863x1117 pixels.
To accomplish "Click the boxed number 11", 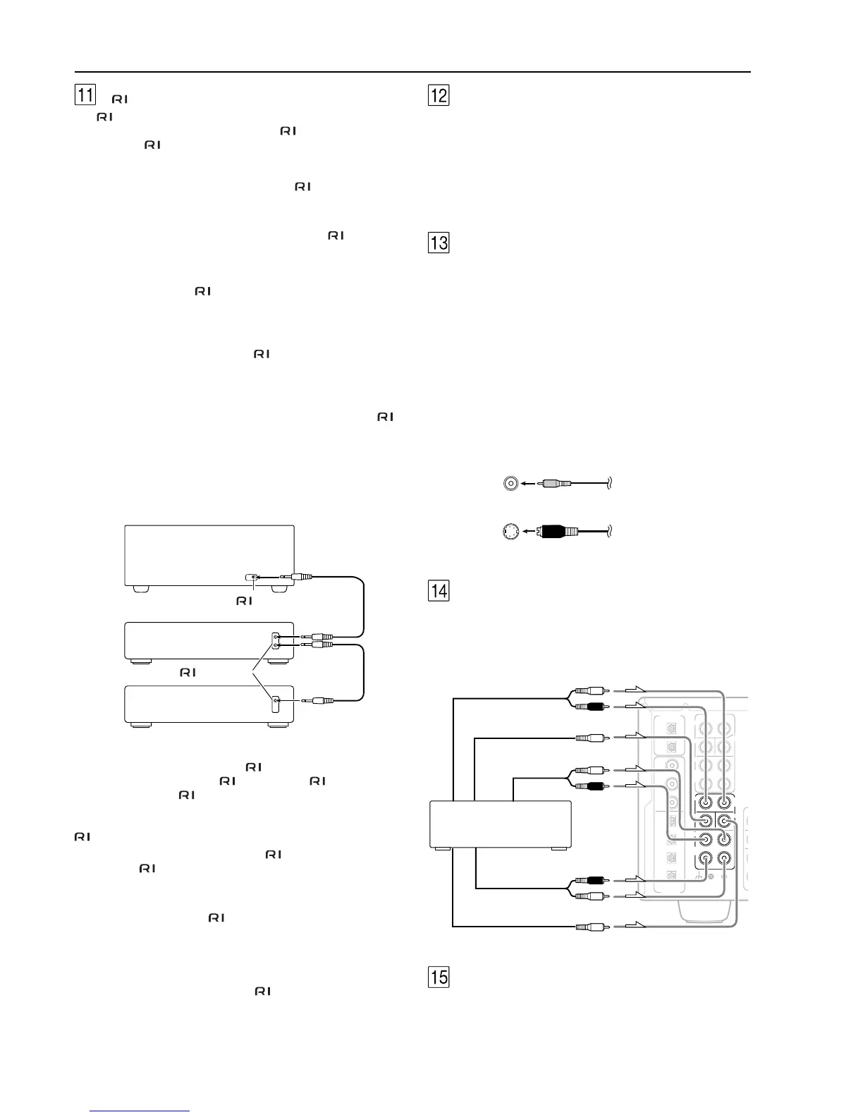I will click(85, 94).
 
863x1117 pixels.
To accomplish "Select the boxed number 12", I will click(439, 95).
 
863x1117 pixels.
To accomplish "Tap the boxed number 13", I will click(439, 243).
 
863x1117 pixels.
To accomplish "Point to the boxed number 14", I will click(439, 590).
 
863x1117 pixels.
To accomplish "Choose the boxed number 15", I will click(439, 977).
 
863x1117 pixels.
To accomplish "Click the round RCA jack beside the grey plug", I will click(511, 484).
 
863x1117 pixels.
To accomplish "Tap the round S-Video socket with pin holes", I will click(511, 532).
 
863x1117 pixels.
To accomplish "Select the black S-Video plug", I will click(557, 532).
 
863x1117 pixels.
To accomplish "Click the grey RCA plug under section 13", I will click(557, 484).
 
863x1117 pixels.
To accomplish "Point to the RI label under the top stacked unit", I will click(244, 601).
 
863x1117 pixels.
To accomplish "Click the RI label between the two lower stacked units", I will click(188, 673).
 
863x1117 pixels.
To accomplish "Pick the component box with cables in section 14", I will click(501, 823).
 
